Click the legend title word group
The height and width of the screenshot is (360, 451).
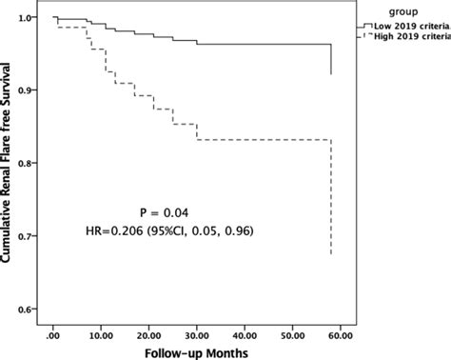pyautogui.click(x=402, y=10)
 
